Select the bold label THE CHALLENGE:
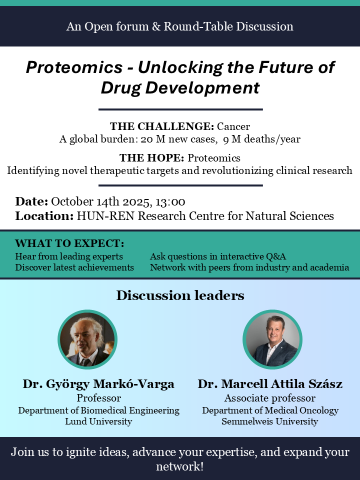(x=162, y=126)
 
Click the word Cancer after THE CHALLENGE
(x=233, y=126)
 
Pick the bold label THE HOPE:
(x=151, y=158)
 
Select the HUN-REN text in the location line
(x=105, y=216)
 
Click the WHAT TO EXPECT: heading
(x=69, y=243)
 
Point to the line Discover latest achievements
(x=74, y=267)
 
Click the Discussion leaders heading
(x=180, y=295)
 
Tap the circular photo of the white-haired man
(x=87, y=339)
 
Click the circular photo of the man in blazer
(x=272, y=339)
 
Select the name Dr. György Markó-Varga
(x=98, y=384)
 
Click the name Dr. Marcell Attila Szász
(x=270, y=384)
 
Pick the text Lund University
(x=98, y=421)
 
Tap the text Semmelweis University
(x=270, y=421)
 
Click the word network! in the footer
(x=180, y=466)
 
